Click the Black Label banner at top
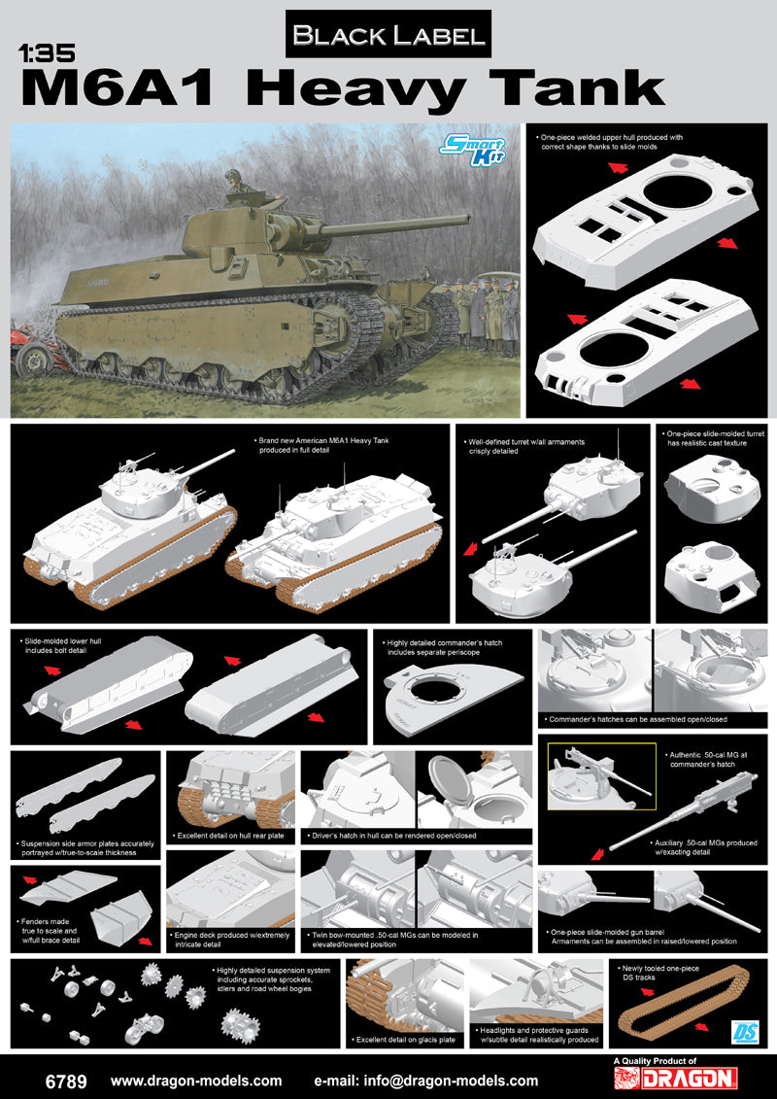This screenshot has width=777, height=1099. [388, 36]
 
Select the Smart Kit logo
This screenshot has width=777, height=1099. [467, 152]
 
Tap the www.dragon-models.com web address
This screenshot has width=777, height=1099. [196, 1080]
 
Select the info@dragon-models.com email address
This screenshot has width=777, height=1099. [426, 1080]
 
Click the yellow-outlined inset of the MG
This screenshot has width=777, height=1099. [584, 778]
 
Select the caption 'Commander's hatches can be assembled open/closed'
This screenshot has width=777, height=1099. [636, 719]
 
